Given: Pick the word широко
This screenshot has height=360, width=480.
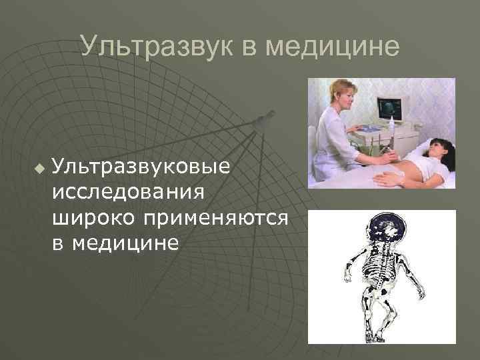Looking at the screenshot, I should (x=91, y=218).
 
